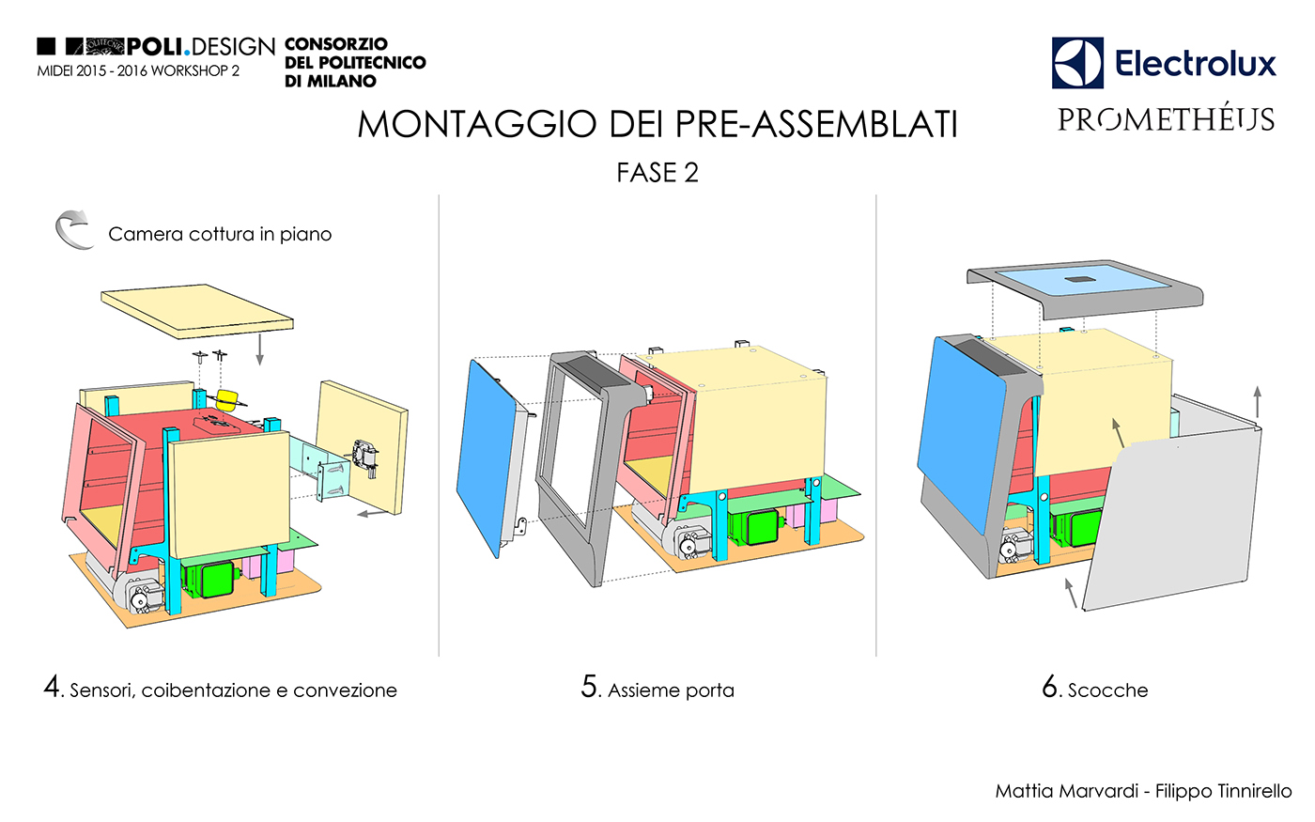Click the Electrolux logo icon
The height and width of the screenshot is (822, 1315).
tap(1077, 63)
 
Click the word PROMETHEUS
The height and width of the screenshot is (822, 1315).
tap(1166, 120)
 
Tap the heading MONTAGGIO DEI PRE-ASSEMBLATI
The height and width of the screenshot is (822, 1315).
tap(657, 124)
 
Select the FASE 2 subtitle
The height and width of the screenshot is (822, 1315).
tap(657, 173)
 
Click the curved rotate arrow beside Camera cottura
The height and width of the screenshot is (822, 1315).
tap(73, 229)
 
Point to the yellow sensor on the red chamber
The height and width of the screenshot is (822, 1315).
tap(229, 399)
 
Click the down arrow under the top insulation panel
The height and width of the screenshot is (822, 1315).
tap(260, 349)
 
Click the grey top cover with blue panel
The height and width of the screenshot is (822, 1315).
tap(1086, 286)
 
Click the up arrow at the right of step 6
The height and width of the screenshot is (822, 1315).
tap(1258, 402)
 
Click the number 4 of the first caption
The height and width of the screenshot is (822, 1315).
tap(53, 687)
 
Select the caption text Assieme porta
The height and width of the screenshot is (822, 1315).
tap(671, 690)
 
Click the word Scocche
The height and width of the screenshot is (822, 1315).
tap(1107, 690)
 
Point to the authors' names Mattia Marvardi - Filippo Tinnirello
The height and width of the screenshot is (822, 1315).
tap(1143, 791)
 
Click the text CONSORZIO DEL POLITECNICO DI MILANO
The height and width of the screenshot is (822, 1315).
tap(354, 62)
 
